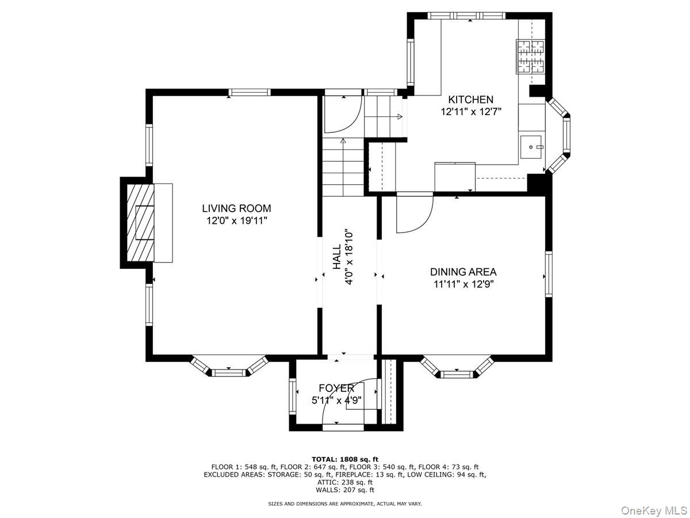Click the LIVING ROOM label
236,208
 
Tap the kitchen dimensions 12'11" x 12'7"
471,112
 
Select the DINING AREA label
463,272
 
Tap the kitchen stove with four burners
530,56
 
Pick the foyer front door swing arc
345,403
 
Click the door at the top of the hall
342,112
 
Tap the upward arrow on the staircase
343,140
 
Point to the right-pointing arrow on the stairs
400,117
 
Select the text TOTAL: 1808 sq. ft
345,459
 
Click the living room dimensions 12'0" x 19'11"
236,220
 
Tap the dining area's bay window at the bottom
458,372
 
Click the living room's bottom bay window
229,371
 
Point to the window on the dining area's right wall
548,275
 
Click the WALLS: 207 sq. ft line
345,490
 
